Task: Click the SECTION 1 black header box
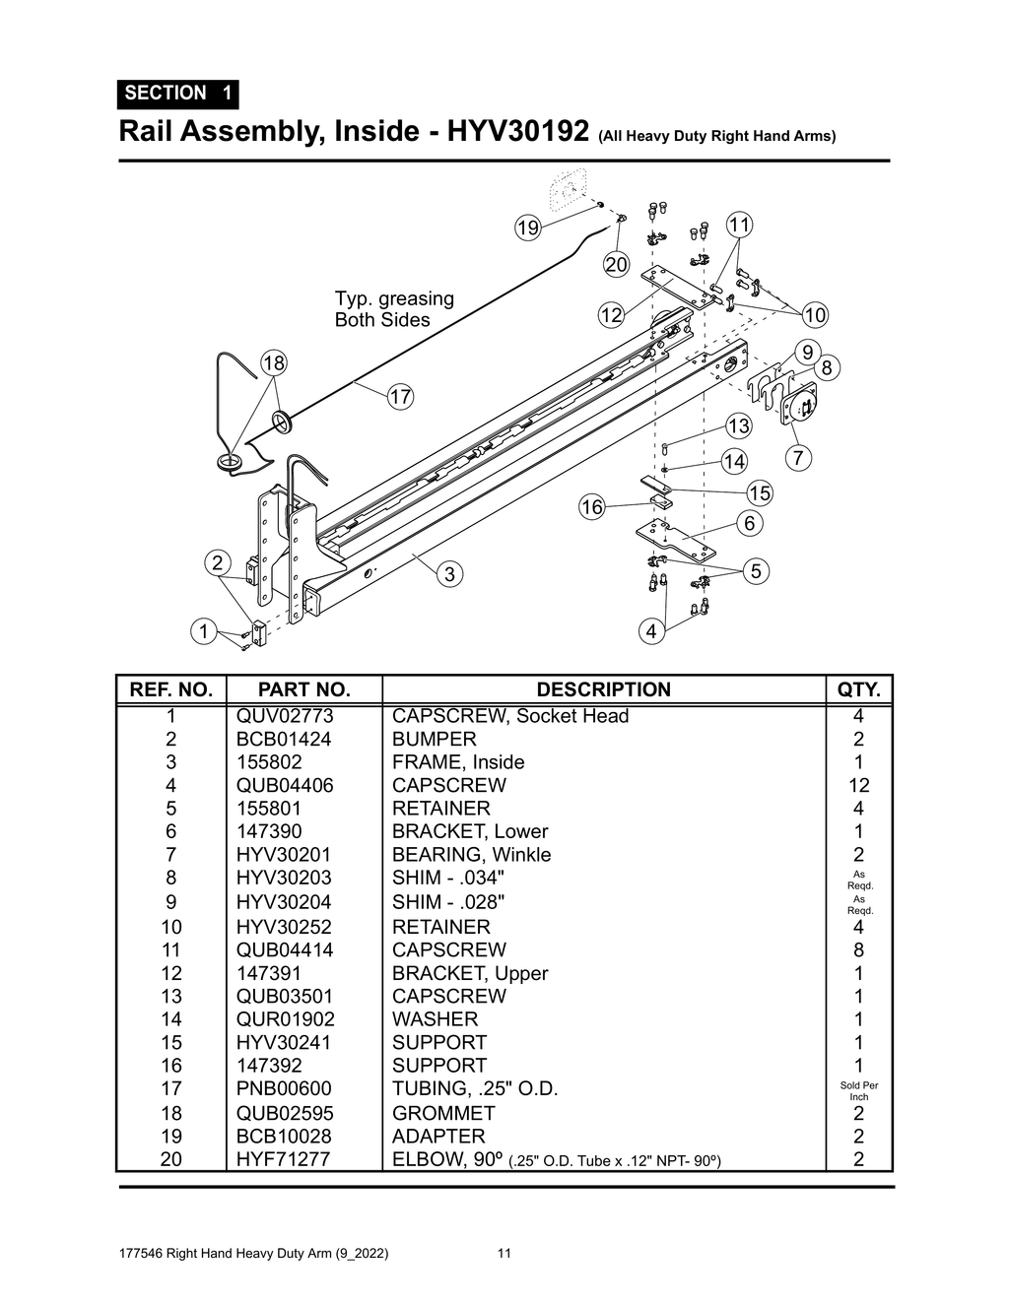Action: click(x=177, y=94)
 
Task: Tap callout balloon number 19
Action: click(x=528, y=228)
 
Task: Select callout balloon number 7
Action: click(x=797, y=458)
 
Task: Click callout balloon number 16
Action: click(x=591, y=507)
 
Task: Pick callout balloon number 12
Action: click(x=611, y=315)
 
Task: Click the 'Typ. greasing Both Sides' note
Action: click(x=394, y=309)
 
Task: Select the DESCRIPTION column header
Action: click(x=603, y=689)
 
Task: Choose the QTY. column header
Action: click(x=858, y=689)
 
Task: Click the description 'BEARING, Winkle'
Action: click(x=471, y=855)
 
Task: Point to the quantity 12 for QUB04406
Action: click(x=858, y=786)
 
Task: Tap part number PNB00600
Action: click(x=284, y=1088)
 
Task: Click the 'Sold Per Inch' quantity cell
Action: click(x=859, y=1090)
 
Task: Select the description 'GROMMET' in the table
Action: click(x=443, y=1113)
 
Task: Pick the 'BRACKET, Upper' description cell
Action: click(x=469, y=973)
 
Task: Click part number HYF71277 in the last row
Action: click(x=284, y=1159)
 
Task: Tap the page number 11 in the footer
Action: click(x=504, y=1254)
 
